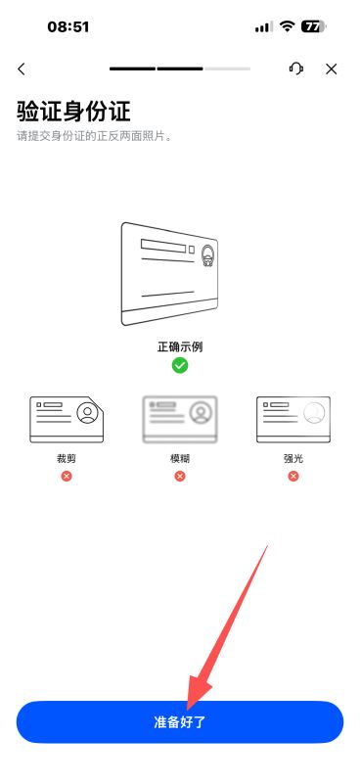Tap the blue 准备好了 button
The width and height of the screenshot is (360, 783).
click(180, 721)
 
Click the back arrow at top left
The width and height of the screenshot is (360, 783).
click(21, 69)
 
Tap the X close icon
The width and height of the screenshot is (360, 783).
click(331, 69)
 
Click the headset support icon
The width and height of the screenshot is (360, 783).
click(296, 69)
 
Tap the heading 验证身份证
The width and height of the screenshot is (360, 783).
click(74, 111)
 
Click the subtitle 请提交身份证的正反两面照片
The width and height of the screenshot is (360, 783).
click(94, 136)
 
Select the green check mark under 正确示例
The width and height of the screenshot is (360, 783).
click(180, 365)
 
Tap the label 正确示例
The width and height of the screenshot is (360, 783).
click(180, 347)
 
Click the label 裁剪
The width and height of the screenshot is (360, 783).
click(67, 458)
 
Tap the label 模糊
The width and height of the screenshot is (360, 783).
click(180, 458)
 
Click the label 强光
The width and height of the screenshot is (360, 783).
click(293, 458)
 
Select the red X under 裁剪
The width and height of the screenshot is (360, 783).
click(67, 476)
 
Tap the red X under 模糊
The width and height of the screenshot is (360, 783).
click(180, 476)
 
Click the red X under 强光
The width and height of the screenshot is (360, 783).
click(293, 476)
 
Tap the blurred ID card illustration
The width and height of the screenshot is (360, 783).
click(180, 420)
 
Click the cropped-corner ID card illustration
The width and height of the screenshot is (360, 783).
click(67, 420)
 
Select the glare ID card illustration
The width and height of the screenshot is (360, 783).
click(293, 420)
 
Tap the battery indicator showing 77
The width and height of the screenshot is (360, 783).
click(313, 26)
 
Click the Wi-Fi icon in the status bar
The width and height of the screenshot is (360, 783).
click(287, 26)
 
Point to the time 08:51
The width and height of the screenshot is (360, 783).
click(68, 26)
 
